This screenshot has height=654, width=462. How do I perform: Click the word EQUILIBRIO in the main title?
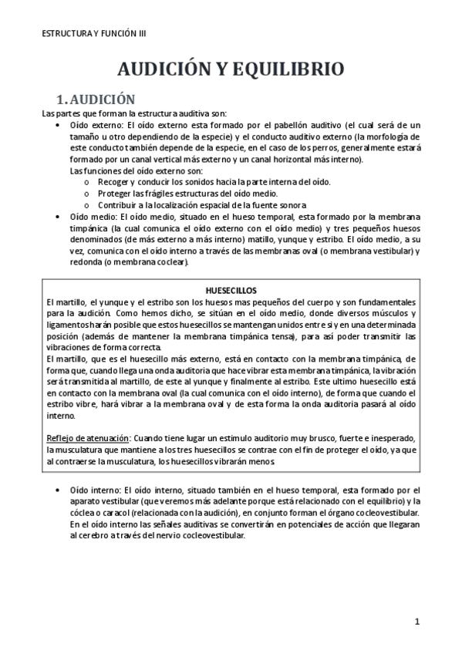point(284,70)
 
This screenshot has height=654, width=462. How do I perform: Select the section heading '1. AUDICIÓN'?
point(97,99)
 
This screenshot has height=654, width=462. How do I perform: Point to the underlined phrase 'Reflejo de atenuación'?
point(83,438)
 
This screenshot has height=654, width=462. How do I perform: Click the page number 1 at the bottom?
point(416,621)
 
